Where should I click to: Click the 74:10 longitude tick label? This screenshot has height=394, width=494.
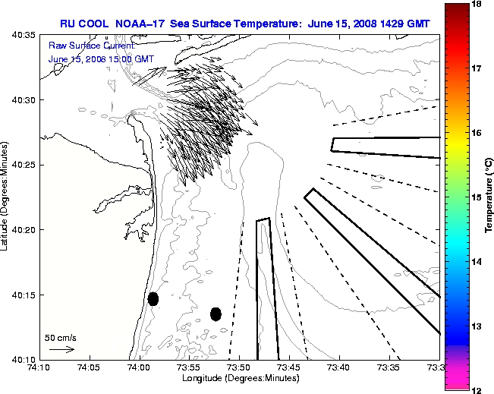(39, 367)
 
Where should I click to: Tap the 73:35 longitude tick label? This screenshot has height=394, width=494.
(389, 367)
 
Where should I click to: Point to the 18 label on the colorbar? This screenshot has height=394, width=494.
(479, 5)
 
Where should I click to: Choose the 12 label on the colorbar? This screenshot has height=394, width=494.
(479, 389)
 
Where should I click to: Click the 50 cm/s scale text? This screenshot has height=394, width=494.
(60, 338)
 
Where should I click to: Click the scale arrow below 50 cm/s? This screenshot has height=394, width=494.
(61, 349)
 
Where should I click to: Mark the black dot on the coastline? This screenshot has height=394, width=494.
(153, 298)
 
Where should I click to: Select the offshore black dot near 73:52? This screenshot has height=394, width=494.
(216, 314)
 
